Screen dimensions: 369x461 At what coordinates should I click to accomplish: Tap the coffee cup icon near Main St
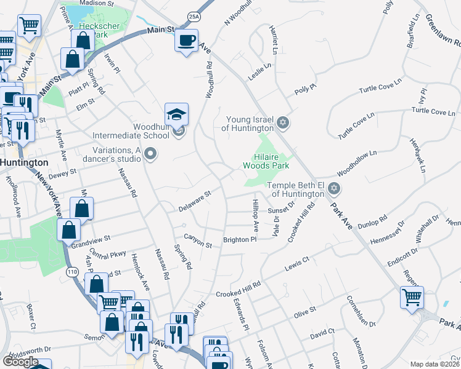(187, 41)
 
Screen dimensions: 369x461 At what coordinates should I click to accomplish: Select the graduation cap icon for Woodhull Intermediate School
(176, 114)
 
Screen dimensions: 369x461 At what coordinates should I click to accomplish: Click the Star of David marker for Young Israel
(283, 122)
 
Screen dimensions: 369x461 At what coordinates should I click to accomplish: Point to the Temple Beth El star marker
(334, 187)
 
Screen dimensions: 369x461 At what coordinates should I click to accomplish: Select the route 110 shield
(72, 271)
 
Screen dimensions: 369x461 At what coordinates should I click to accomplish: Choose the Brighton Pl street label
(239, 240)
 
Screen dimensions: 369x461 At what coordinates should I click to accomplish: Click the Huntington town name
(24, 162)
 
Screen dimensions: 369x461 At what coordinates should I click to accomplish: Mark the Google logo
(20, 362)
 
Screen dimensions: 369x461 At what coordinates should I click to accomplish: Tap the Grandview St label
(91, 237)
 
